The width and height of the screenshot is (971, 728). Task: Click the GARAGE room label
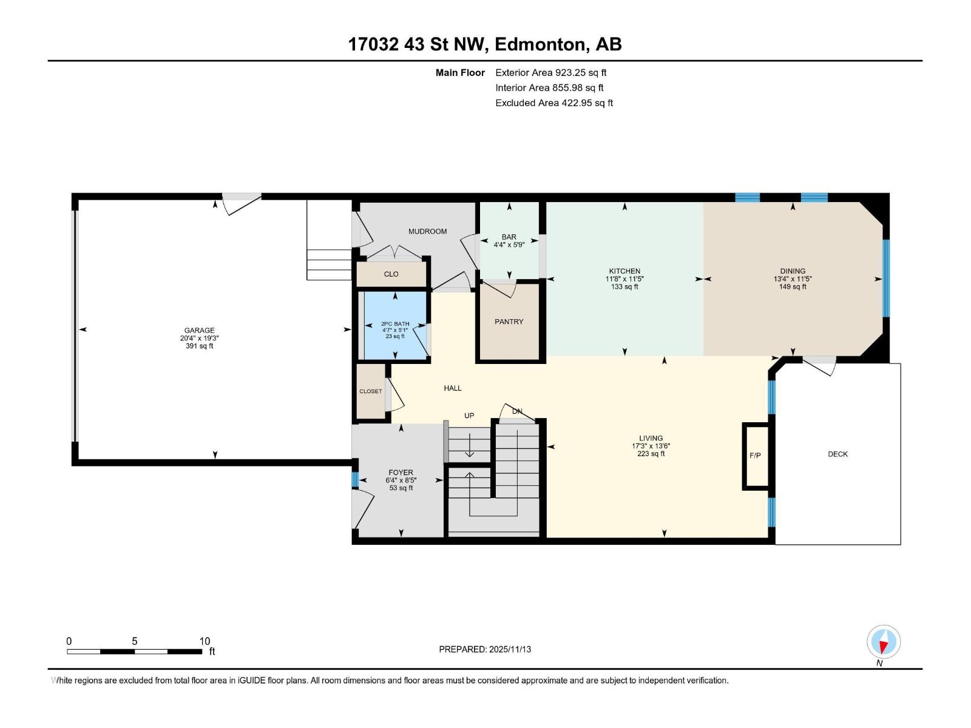(200, 331)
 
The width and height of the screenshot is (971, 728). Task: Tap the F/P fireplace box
(755, 456)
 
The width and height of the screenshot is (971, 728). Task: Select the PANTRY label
(509, 322)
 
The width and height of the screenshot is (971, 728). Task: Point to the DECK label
(837, 454)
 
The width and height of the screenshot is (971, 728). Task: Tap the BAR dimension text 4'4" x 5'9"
(509, 245)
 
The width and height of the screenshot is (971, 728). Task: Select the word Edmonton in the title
(541, 44)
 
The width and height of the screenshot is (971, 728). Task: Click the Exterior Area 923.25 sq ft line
(550, 73)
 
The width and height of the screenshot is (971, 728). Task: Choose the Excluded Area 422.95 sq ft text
(553, 103)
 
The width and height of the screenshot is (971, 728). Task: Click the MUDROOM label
(427, 231)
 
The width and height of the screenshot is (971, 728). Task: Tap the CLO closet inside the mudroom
(391, 274)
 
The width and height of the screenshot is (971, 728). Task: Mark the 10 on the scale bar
(205, 641)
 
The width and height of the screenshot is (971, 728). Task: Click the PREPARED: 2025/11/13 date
(485, 649)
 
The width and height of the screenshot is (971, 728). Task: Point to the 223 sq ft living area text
(651, 454)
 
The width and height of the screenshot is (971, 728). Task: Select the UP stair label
(469, 416)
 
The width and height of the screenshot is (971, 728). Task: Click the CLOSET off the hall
(371, 391)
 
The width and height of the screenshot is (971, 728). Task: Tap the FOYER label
(401, 472)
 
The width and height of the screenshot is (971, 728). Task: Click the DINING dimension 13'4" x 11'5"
(793, 279)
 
